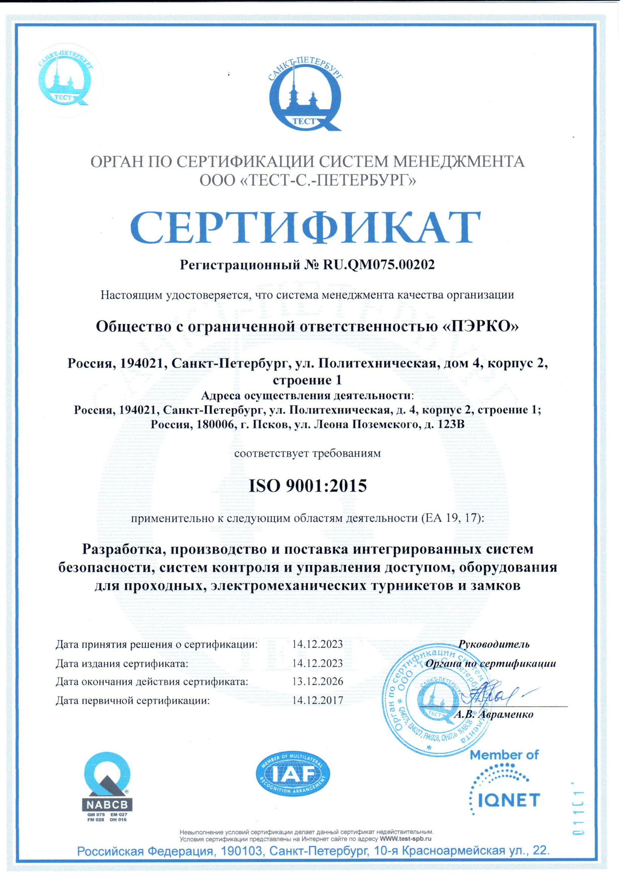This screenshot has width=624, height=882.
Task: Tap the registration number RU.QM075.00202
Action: click(x=379, y=265)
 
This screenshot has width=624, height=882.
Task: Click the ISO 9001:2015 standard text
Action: click(x=308, y=486)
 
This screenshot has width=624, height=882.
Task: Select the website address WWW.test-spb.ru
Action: click(x=406, y=839)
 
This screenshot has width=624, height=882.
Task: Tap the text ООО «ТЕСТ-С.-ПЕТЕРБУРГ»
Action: click(x=307, y=180)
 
